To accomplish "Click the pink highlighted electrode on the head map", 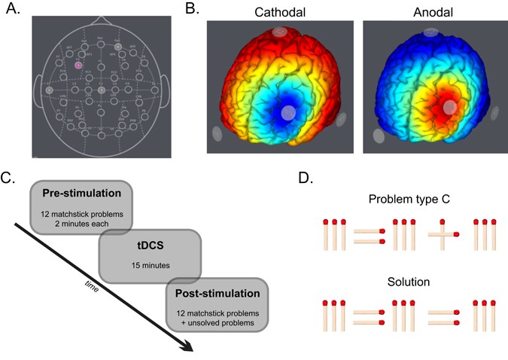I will tap(78, 66).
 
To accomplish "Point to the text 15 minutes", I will tap(150, 266).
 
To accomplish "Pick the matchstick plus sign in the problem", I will tap(442, 236).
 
